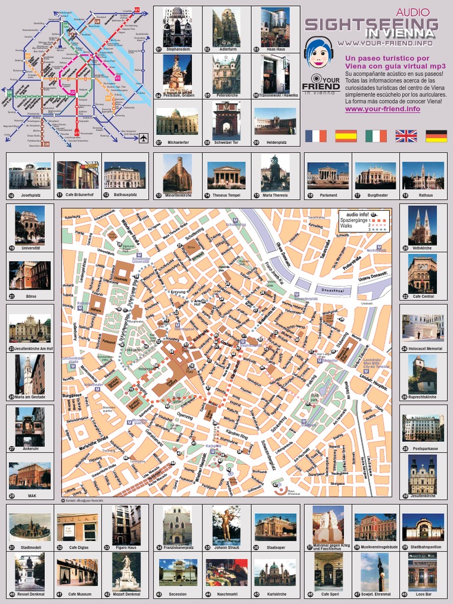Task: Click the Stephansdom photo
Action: [177, 27]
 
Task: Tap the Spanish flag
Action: [346, 136]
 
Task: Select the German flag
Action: [436, 136]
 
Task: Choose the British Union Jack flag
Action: [406, 136]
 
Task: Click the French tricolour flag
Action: [316, 136]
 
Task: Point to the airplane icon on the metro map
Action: [143, 138]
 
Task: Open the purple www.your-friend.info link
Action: [382, 109]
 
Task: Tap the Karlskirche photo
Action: [275, 572]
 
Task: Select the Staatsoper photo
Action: [275, 526]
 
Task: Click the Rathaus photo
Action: [423, 176]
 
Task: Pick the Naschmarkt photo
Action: [226, 572]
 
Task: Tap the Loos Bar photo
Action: [422, 572]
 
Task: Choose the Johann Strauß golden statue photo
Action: [226, 523]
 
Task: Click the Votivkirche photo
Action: [422, 225]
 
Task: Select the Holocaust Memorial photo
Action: [422, 326]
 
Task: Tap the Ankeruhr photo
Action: [29, 426]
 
